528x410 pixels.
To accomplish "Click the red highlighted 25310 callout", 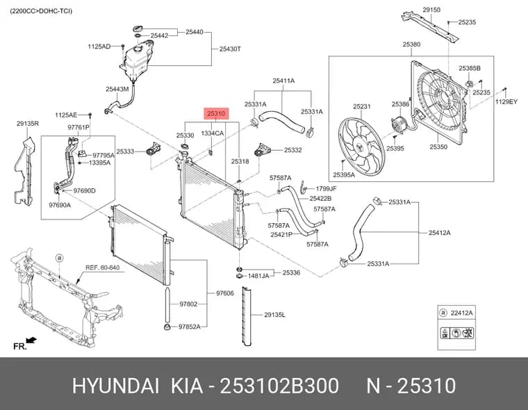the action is [x=216, y=114].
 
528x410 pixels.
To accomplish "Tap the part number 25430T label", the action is [x=230, y=49].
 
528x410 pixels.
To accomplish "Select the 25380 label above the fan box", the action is [x=411, y=44].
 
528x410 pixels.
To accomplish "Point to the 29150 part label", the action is [x=431, y=10].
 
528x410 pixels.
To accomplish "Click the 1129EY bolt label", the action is [x=506, y=101].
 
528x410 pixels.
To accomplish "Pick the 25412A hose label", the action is [x=439, y=233].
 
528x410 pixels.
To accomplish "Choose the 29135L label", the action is [x=274, y=315].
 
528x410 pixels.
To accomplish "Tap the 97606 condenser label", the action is [x=224, y=293].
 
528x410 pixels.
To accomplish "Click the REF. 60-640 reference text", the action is [x=102, y=268].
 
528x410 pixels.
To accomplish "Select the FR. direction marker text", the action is [x=20, y=346].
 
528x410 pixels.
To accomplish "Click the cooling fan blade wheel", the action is [x=361, y=146].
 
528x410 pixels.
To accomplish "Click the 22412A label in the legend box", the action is [x=461, y=313].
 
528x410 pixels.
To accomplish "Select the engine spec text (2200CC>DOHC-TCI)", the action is [x=41, y=11].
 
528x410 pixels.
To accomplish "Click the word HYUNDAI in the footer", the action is [x=115, y=386].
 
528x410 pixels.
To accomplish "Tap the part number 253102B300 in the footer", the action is [x=279, y=386].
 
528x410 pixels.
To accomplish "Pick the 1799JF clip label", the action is [x=326, y=188].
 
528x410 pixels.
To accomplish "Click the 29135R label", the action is [x=28, y=124].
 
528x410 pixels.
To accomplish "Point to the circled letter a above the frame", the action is [x=59, y=258].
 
